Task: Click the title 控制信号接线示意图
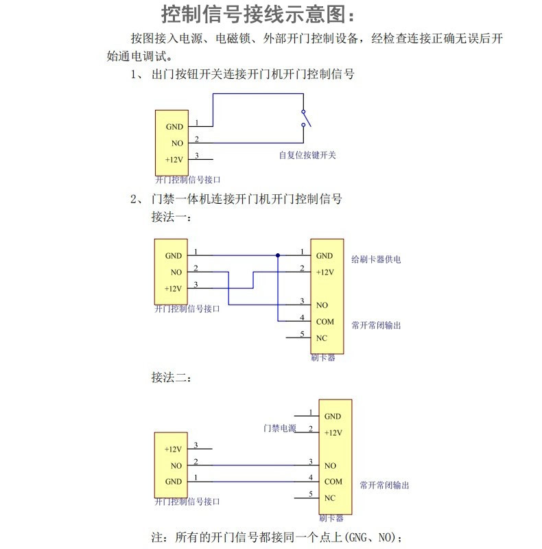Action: [x=259, y=14]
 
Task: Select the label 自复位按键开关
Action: [x=307, y=155]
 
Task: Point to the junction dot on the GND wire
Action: [x=278, y=255]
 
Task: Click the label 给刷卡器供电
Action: [x=375, y=259]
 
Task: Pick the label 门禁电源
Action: [x=279, y=428]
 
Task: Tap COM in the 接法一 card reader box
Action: [x=325, y=321]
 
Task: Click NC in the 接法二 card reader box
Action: [x=330, y=498]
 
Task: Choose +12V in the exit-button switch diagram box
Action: [x=174, y=160]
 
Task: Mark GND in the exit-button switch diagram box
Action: [x=174, y=127]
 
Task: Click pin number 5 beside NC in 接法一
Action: [x=302, y=334]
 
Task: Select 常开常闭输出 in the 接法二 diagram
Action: [x=384, y=485]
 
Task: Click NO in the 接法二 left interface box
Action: [x=176, y=466]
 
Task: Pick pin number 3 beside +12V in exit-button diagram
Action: [x=197, y=156]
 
